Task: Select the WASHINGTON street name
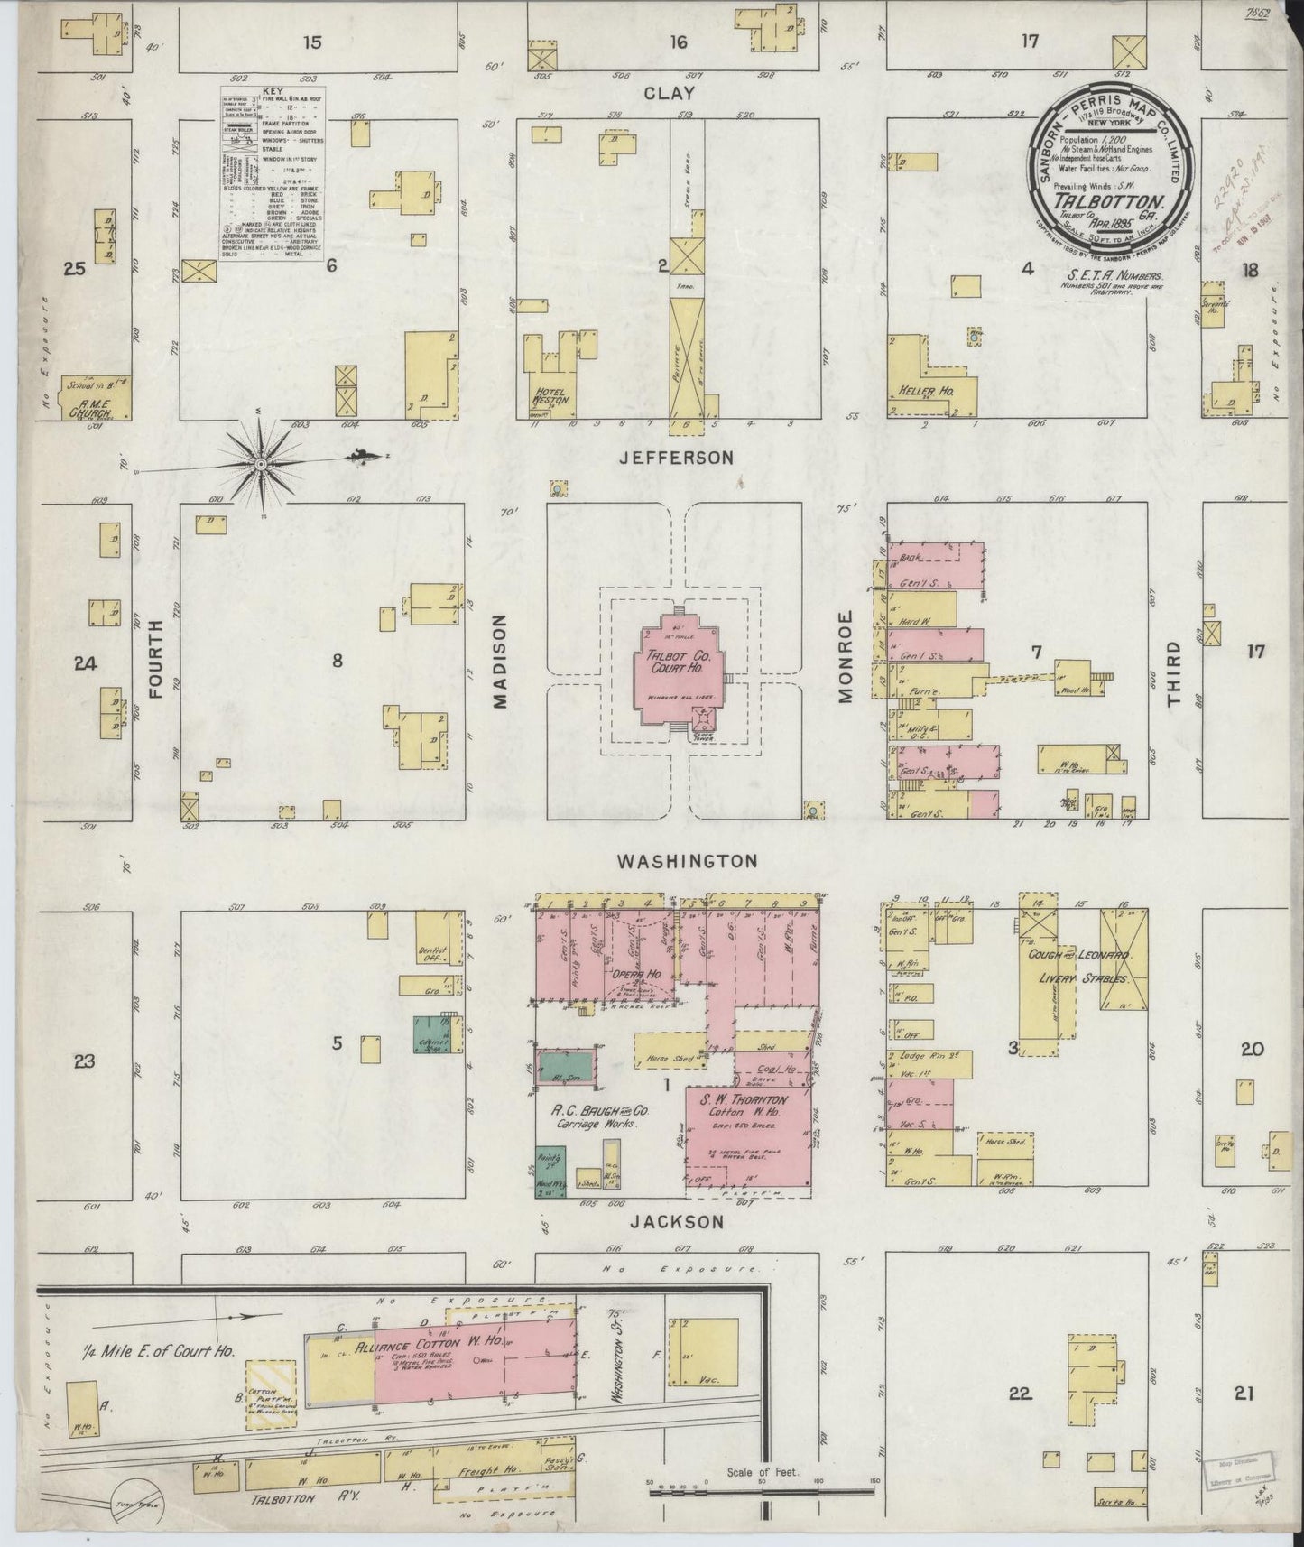tap(686, 861)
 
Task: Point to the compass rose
tap(261, 463)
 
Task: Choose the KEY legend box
tap(273, 174)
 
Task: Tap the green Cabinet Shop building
tap(432, 1034)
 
